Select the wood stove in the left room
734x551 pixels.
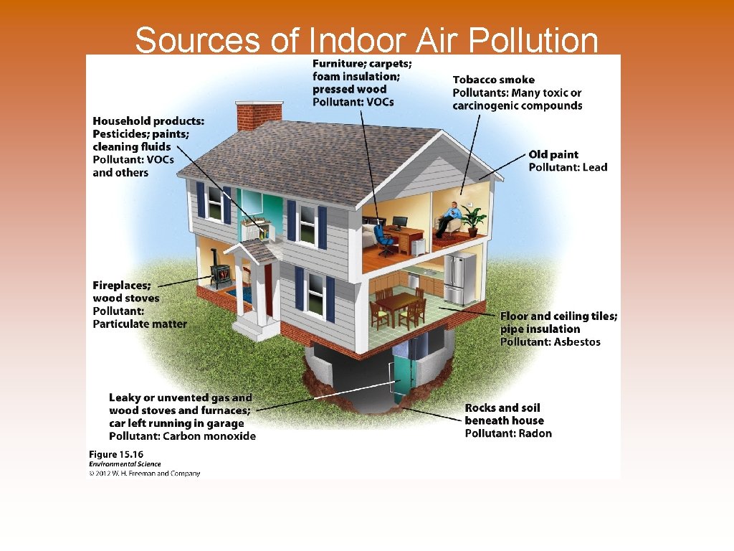tap(221, 275)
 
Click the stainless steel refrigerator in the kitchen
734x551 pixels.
tap(458, 279)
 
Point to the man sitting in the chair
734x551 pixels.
tap(450, 218)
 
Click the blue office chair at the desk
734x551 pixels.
tap(384, 240)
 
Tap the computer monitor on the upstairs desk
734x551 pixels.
tap(399, 222)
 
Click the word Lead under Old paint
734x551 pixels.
tap(595, 168)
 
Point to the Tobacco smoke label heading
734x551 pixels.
tap(493, 80)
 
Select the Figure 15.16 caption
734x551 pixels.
tap(115, 454)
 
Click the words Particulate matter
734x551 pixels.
tap(140, 324)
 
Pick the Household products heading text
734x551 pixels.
tap(148, 121)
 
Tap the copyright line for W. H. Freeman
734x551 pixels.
tap(144, 474)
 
